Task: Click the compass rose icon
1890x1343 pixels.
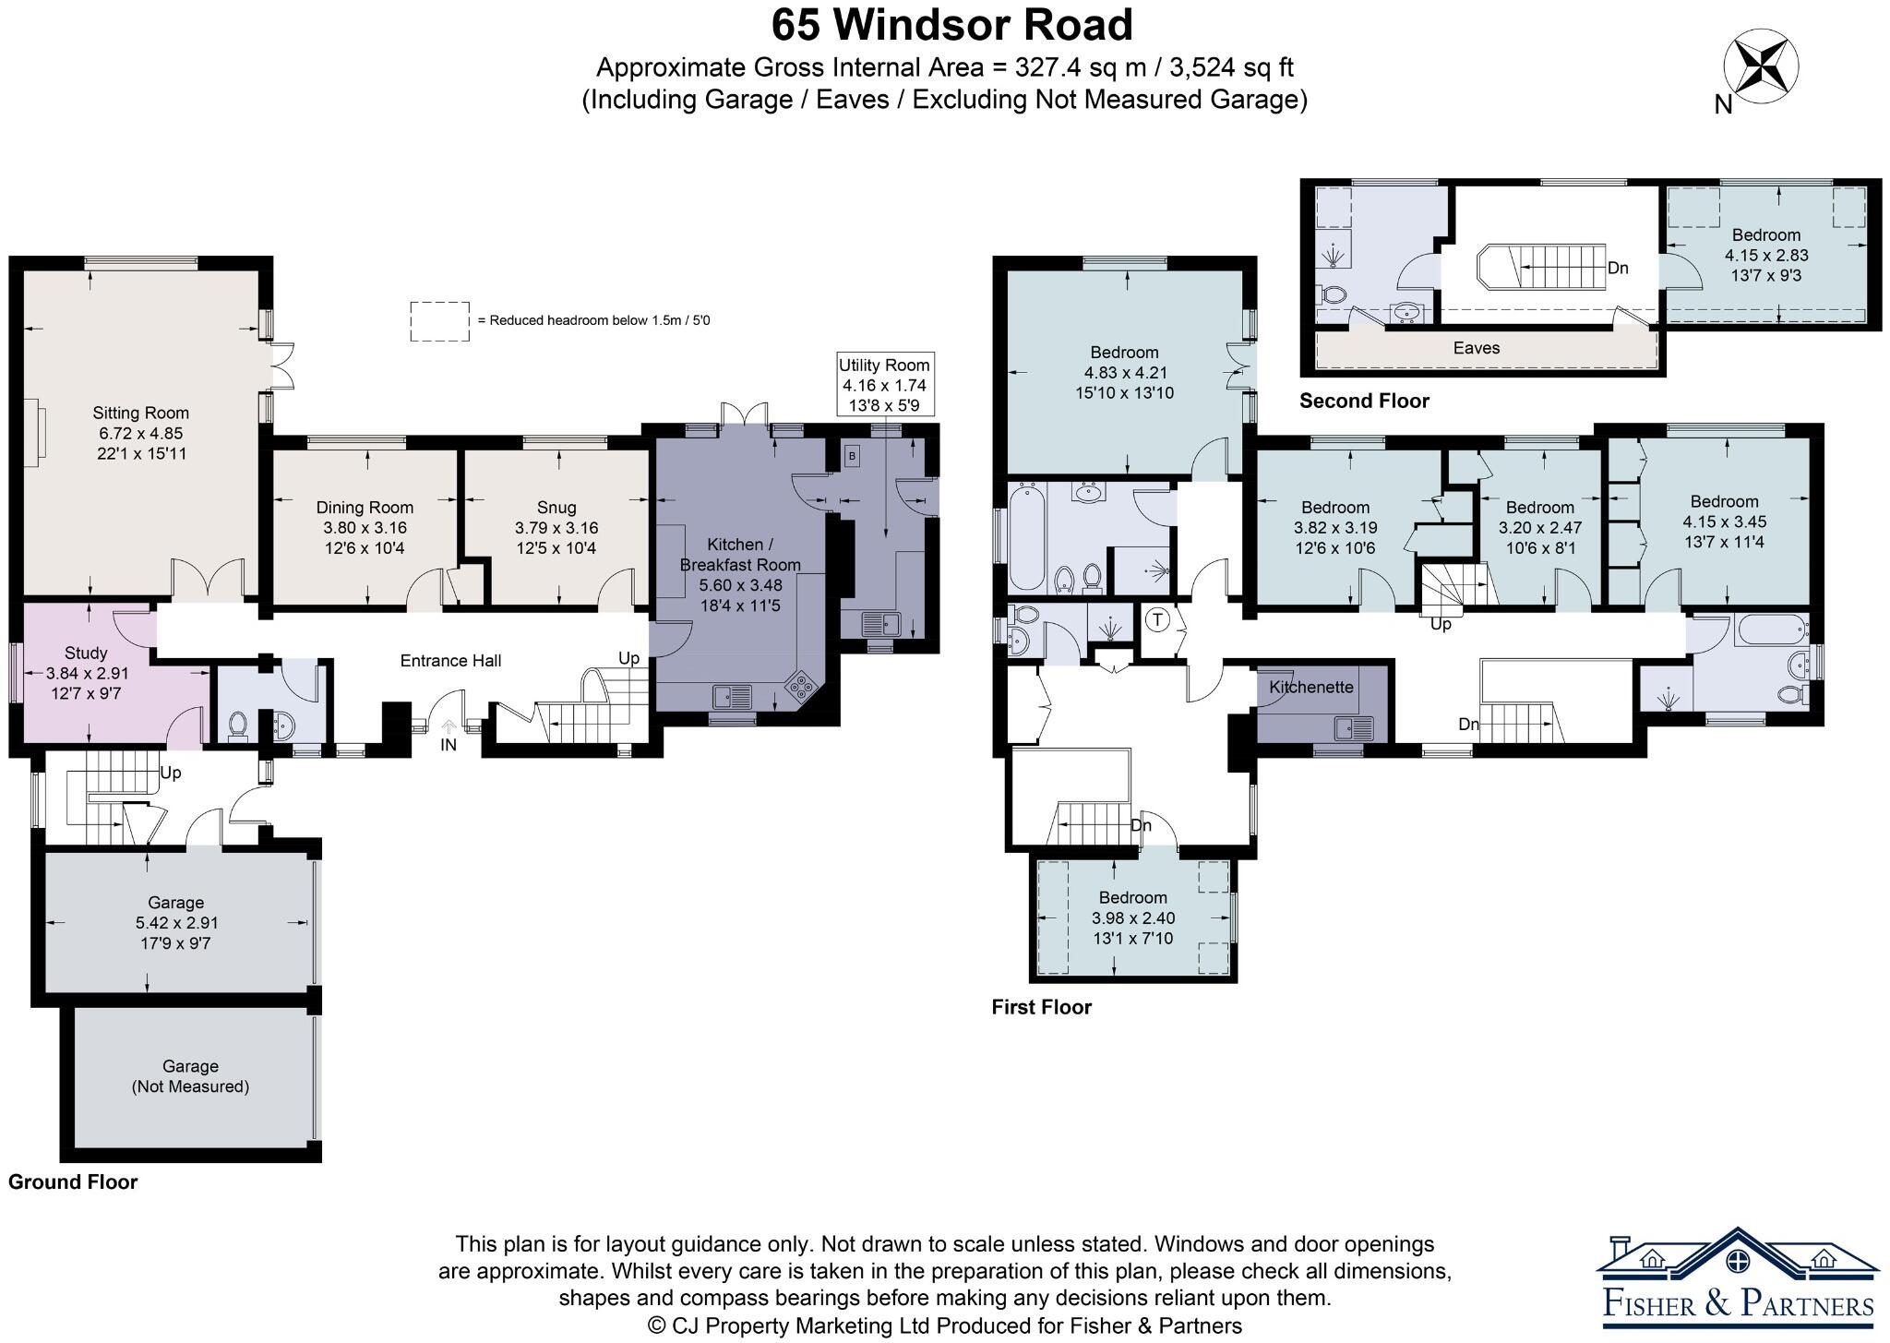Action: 1761,66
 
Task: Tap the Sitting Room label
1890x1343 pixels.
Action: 140,413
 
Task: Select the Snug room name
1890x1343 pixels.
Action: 556,507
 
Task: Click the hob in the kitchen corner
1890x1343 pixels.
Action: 801,686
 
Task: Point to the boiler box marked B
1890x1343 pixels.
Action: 852,455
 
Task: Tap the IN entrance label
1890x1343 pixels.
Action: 448,745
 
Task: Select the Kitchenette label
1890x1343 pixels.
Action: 1310,687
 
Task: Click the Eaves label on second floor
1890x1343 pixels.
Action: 1477,348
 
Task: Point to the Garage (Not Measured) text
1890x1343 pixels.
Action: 190,1076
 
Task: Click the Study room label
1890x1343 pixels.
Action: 86,654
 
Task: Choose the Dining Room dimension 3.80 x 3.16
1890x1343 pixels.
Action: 365,528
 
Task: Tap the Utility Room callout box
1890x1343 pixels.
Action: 884,385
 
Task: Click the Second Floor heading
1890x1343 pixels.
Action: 1364,401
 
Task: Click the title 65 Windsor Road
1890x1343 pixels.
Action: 952,25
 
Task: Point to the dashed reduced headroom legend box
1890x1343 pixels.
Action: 439,321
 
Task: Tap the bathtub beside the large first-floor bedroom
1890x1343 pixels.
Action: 1028,536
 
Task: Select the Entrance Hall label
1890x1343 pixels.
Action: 450,660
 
